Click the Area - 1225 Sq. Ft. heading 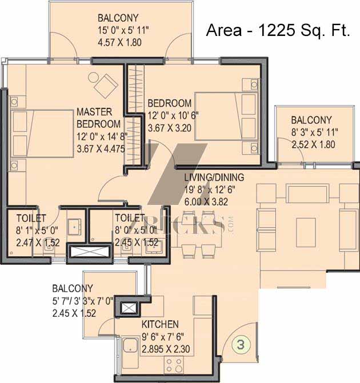(x=278, y=30)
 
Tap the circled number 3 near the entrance (x=241, y=345)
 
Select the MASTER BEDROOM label (x=98, y=118)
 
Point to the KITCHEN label (x=160, y=324)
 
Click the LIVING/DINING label (x=214, y=178)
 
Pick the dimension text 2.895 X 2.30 (x=166, y=349)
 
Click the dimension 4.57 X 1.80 (x=119, y=42)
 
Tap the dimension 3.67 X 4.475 (x=101, y=149)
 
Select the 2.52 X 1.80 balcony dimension (x=314, y=144)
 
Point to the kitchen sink (x=130, y=345)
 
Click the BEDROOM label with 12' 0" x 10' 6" (x=170, y=103)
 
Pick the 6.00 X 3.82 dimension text (x=206, y=201)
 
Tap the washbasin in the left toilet (x=75, y=227)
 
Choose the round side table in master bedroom (x=93, y=78)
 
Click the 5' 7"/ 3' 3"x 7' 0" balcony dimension (x=83, y=301)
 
